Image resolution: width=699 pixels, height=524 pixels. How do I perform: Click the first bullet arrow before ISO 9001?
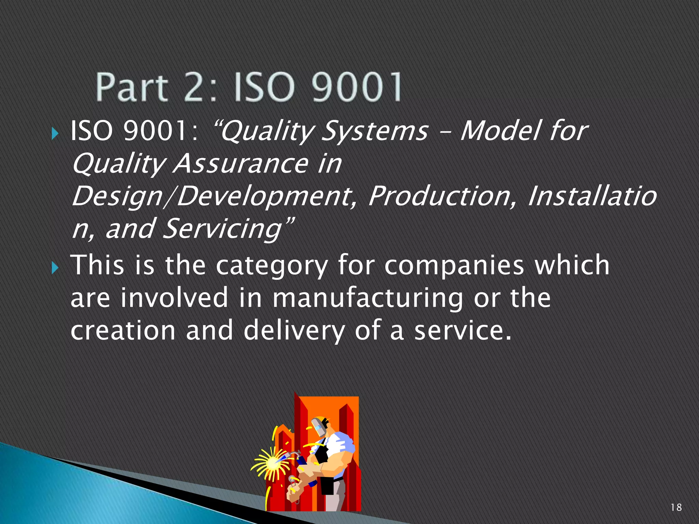(x=55, y=133)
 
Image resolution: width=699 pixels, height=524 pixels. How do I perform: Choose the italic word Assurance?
(x=241, y=163)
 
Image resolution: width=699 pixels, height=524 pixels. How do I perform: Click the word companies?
(x=454, y=266)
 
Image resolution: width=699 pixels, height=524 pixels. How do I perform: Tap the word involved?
(x=174, y=298)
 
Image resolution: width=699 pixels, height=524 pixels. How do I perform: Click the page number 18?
(x=676, y=507)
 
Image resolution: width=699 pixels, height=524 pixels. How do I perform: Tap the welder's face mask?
(x=319, y=426)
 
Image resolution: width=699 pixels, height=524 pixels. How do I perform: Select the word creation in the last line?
(x=123, y=331)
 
